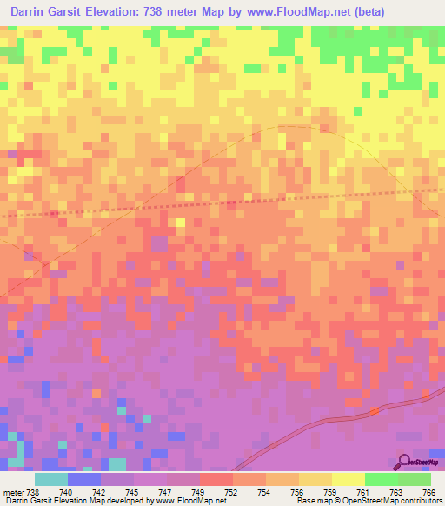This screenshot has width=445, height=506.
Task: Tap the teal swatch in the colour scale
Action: coord(51,478)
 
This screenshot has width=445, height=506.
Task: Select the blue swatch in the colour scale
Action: coord(84,478)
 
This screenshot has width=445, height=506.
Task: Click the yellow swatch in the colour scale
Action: coord(349,478)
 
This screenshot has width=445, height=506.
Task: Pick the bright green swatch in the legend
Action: coord(382,478)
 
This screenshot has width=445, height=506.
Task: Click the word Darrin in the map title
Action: coord(32,12)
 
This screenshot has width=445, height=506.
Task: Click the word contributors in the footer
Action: coord(415,500)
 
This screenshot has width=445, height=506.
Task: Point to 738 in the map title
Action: coord(172,12)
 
